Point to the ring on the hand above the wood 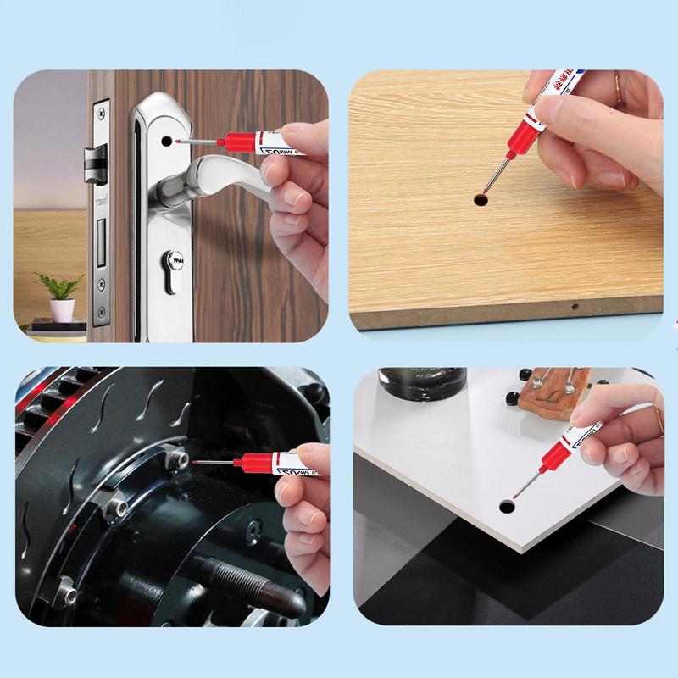coord(618,84)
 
